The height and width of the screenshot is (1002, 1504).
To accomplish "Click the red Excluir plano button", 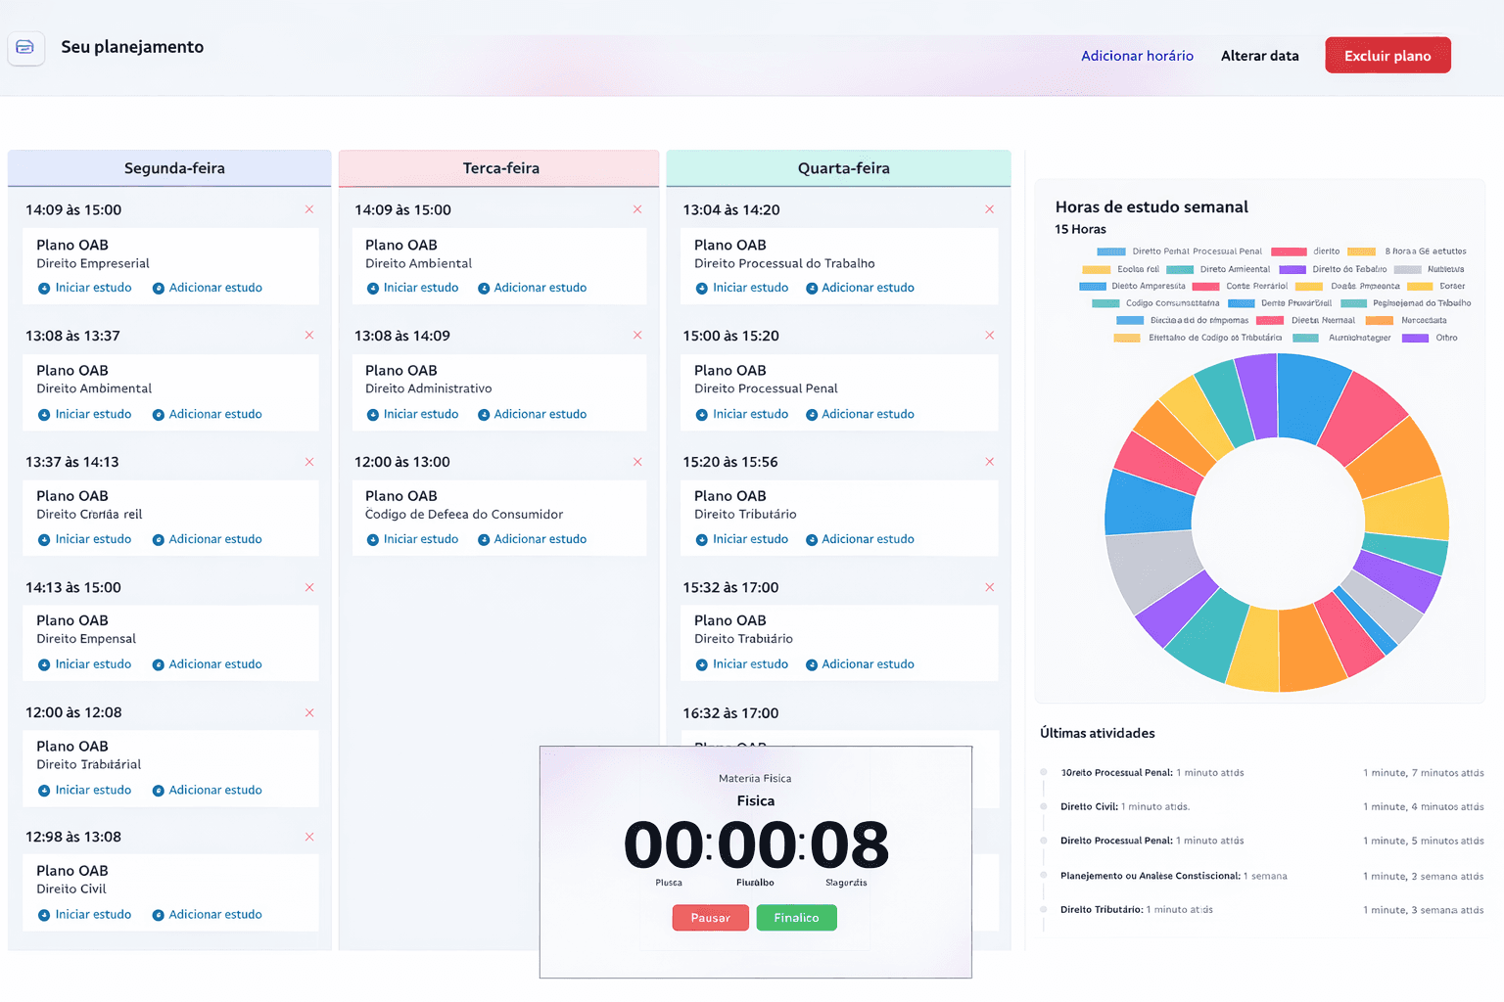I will click(1387, 56).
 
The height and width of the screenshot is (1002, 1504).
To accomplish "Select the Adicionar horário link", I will click(1137, 56).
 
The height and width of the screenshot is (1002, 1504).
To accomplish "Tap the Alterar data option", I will click(1259, 56).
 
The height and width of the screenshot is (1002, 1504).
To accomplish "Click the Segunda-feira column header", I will click(174, 168).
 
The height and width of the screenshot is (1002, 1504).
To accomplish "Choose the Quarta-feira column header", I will click(843, 168).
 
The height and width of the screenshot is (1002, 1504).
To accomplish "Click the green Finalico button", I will click(796, 918).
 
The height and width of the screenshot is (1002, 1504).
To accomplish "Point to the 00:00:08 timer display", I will click(756, 845).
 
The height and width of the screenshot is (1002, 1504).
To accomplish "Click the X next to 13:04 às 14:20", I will click(989, 209).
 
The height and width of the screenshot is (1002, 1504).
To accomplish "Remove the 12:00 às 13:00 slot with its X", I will click(637, 462).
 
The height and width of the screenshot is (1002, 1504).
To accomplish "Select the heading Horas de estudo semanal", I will click(1151, 207).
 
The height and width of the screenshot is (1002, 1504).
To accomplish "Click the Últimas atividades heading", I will click(1097, 733).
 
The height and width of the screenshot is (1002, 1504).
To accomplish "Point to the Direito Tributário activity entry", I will click(1136, 910).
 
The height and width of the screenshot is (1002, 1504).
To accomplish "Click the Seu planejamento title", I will click(132, 47).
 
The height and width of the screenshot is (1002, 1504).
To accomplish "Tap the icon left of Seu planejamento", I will click(25, 47).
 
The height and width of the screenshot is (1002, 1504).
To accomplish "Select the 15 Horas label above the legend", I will click(1080, 229).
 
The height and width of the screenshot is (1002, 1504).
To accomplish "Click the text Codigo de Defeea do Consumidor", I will click(464, 515).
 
